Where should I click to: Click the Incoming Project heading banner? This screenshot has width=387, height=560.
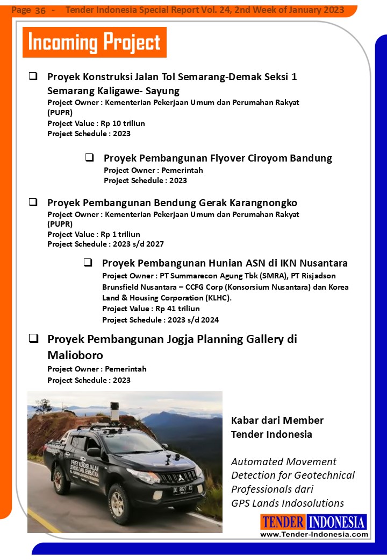pos(94,42)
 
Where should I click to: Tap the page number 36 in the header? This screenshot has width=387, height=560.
pos(40,11)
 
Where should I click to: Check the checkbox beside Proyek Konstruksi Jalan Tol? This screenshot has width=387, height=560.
pos(33,76)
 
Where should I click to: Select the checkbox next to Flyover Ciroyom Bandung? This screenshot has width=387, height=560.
pos(90,158)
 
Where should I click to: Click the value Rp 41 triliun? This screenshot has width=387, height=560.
pos(177,309)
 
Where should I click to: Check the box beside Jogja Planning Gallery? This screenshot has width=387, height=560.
pos(33,339)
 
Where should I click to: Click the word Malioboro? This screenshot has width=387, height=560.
pos(75,355)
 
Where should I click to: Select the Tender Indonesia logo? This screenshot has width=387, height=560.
pos(313,522)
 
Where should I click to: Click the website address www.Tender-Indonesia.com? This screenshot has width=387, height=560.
pos(314,534)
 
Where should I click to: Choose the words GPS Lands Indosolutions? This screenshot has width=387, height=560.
pos(288,503)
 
